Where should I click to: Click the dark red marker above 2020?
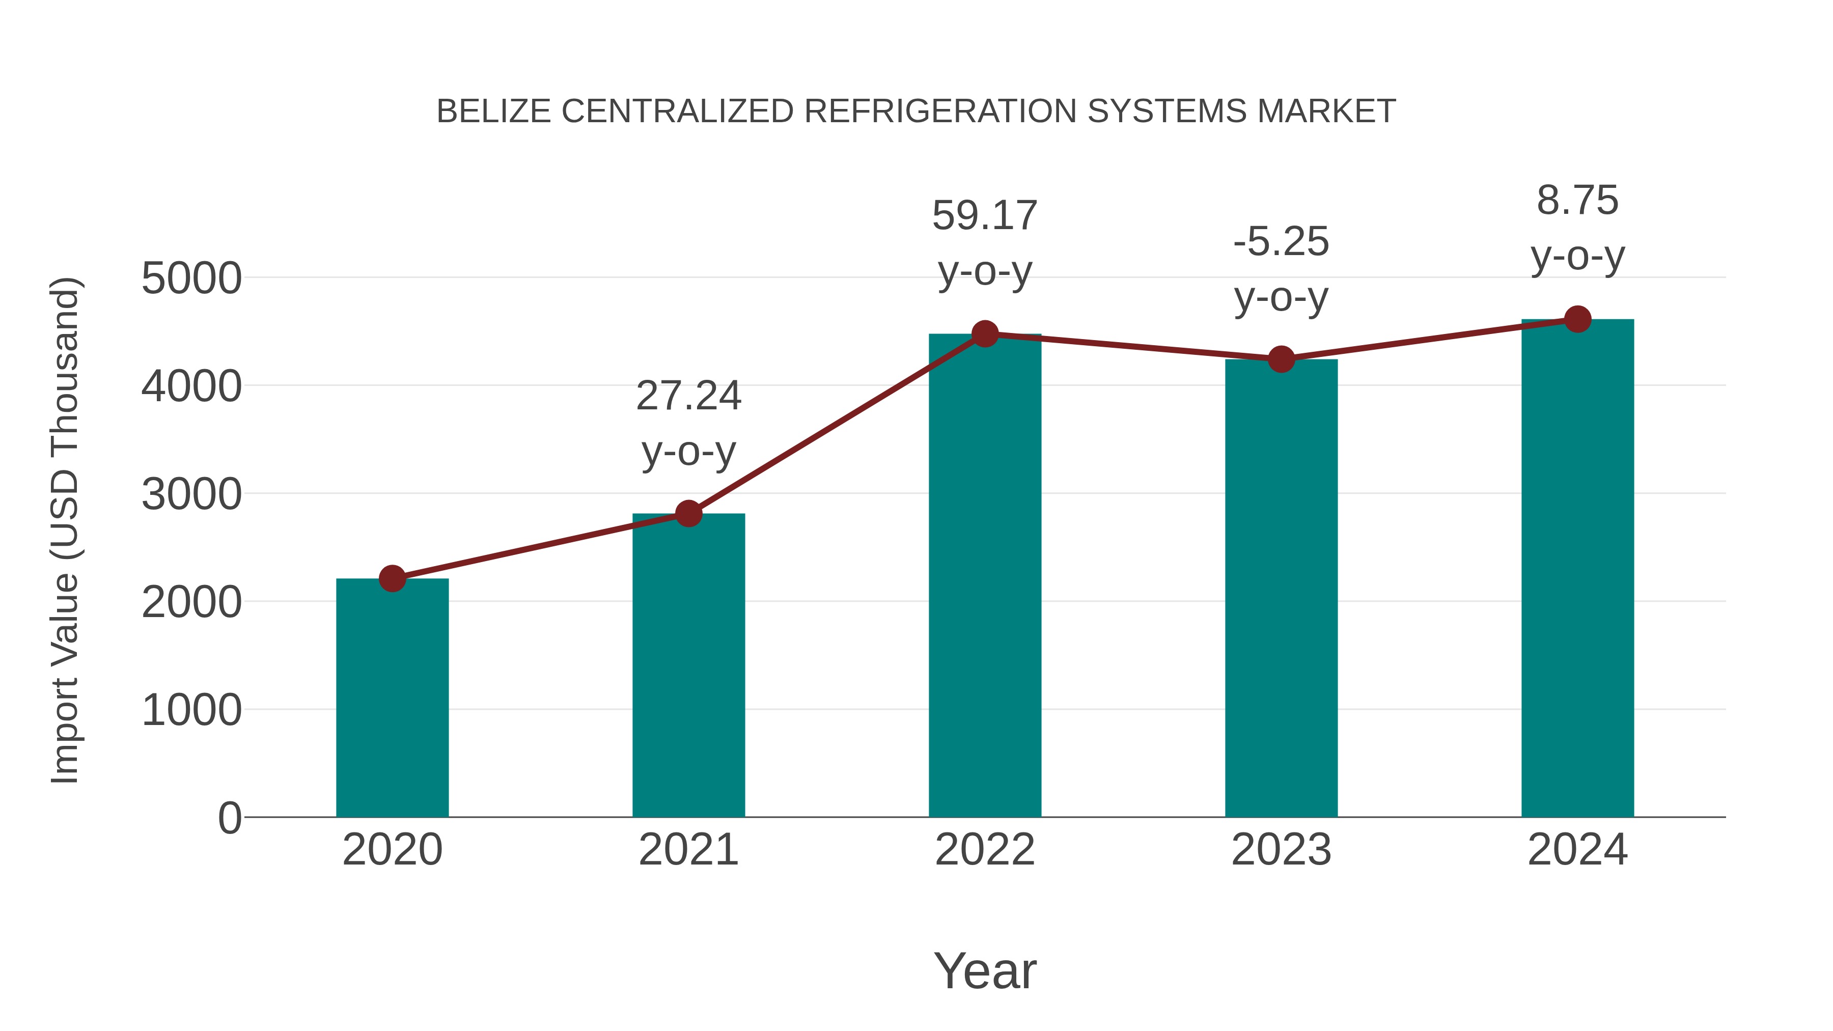click(392, 578)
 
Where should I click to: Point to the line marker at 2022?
click(985, 333)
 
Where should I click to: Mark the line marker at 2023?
click(1281, 359)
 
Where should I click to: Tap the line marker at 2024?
click(1577, 319)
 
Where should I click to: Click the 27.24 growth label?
click(688, 396)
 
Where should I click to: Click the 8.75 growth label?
click(1577, 200)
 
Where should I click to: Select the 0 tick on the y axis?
click(229, 818)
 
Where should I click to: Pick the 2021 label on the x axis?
click(688, 850)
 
